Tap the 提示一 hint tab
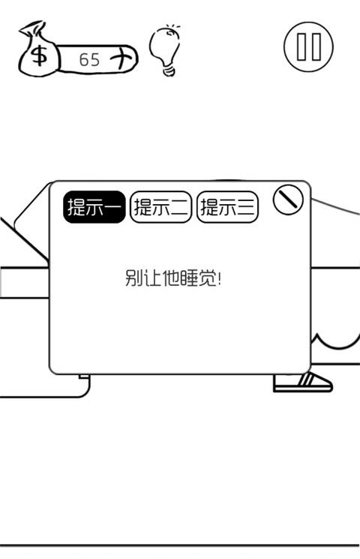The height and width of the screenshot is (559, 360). (x=94, y=207)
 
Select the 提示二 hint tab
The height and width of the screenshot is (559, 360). (x=161, y=207)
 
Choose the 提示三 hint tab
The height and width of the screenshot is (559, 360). (x=227, y=207)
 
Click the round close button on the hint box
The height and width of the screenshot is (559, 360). (x=288, y=200)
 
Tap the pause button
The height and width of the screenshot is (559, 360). (x=309, y=47)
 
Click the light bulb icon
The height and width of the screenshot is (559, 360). (x=166, y=50)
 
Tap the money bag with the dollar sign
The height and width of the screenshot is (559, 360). (x=38, y=50)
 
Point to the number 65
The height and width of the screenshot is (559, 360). (x=89, y=59)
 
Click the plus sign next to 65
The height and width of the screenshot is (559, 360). (x=120, y=57)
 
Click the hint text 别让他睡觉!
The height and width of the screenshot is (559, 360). (x=173, y=278)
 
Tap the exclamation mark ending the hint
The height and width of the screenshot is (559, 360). (x=219, y=278)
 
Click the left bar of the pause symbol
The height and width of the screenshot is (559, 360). (x=301, y=47)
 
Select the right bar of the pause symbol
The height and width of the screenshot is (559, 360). (x=316, y=47)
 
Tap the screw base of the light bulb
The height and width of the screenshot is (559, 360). (x=169, y=70)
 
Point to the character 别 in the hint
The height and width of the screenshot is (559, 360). (x=134, y=278)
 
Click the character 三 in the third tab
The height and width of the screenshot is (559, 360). (x=247, y=207)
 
